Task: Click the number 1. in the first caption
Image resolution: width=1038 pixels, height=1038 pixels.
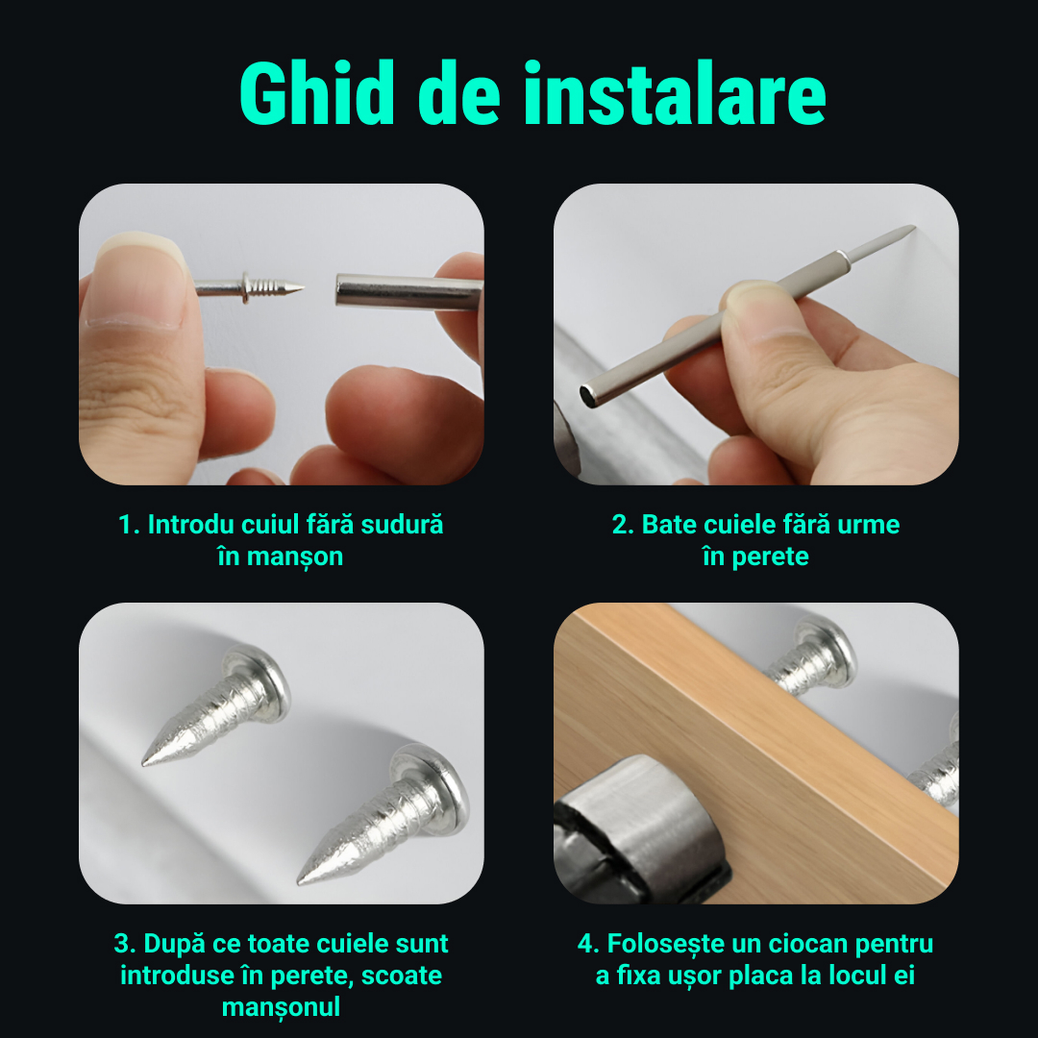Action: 129,526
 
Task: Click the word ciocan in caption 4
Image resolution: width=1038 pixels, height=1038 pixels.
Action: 787,944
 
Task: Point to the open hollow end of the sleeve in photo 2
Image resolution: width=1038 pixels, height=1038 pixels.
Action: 586,393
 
